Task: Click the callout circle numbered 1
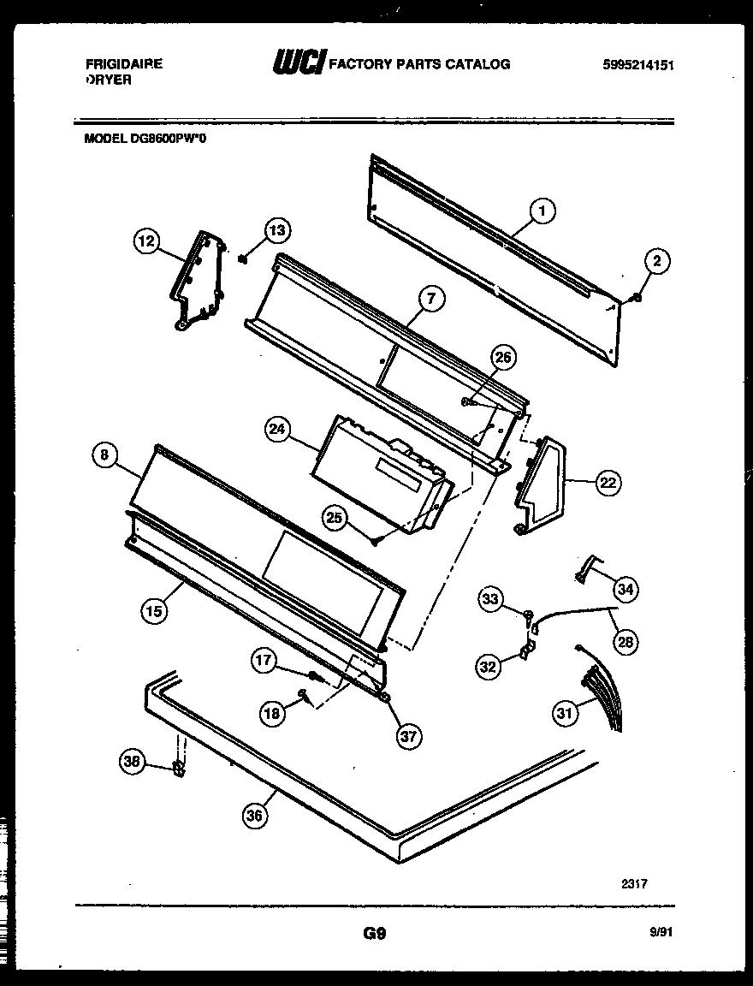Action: (x=543, y=210)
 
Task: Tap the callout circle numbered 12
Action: (x=146, y=242)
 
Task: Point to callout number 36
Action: (x=254, y=816)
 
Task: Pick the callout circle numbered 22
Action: (x=607, y=484)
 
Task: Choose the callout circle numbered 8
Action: (x=104, y=456)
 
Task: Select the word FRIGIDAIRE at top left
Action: (x=123, y=64)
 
